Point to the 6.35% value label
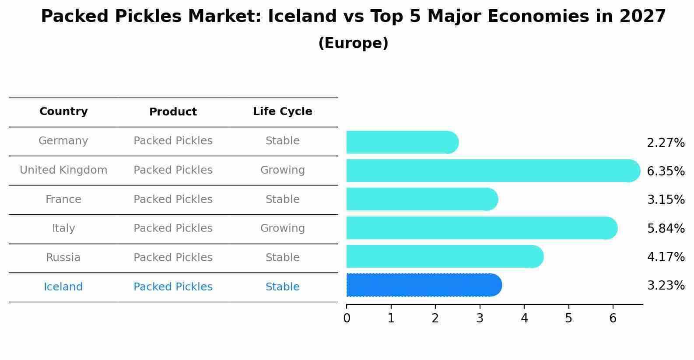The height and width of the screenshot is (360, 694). point(666,171)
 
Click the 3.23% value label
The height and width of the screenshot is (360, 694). point(666,286)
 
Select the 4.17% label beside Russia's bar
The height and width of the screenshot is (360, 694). point(666,257)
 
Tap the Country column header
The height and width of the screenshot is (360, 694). point(63,112)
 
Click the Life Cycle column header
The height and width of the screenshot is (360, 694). point(283,112)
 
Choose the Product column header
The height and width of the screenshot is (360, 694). point(173,112)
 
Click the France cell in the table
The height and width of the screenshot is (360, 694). point(63,199)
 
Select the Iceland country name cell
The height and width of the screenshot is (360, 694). point(63,287)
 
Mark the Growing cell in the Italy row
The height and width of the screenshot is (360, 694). point(283,228)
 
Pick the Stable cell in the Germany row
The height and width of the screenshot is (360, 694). point(283,141)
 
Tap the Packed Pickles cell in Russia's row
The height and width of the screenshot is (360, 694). point(173,258)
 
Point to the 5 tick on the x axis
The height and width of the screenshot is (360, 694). point(568,318)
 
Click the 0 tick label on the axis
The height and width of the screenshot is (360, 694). point(347,318)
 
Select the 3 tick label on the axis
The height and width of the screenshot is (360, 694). point(480,318)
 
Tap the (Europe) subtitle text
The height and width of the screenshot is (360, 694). point(353,43)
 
